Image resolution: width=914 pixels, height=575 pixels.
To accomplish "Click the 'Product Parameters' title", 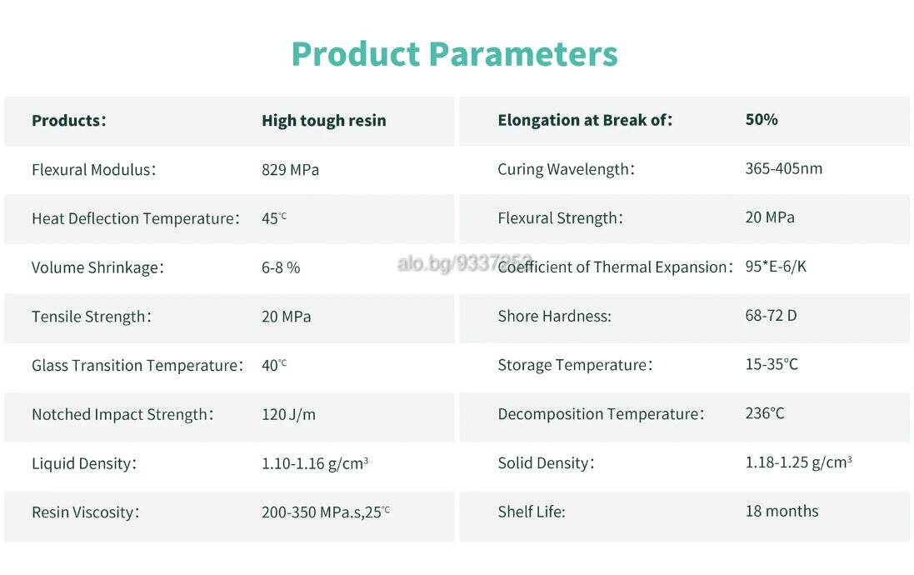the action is (x=454, y=54).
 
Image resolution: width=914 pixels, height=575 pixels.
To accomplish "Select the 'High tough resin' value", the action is (x=323, y=121).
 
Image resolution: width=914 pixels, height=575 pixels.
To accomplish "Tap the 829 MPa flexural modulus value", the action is (x=290, y=170).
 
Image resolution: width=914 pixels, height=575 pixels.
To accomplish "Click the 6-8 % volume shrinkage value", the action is (x=281, y=267).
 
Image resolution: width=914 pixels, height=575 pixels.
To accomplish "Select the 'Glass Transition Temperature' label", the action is (x=137, y=365).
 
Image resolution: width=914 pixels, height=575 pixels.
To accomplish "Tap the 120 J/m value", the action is (x=288, y=415).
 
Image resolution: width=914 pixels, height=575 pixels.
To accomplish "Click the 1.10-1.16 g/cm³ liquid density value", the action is (x=315, y=463).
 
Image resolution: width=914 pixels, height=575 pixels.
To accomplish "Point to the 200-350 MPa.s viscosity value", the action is (x=325, y=512).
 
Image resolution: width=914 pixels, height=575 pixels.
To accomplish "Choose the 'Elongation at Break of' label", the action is (x=585, y=120).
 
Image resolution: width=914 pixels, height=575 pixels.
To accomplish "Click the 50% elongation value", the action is (x=762, y=119).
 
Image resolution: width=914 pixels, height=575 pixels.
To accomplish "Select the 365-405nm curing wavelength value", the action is (x=783, y=168).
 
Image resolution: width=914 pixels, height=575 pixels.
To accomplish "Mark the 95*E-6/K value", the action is (x=776, y=267).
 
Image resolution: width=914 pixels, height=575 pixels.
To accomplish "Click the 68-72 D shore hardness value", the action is (x=771, y=316).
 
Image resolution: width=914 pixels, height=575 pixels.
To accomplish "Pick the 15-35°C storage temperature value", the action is (x=772, y=364).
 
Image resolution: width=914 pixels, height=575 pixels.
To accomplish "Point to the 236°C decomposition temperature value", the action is (x=765, y=413).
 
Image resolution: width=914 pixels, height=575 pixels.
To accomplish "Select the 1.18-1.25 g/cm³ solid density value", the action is (x=798, y=462).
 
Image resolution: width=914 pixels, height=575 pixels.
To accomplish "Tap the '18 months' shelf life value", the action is (x=782, y=512).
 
